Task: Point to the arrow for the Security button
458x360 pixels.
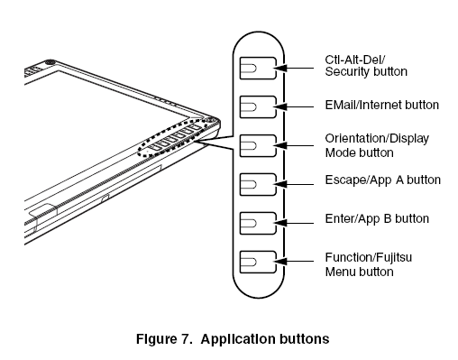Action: point(296,68)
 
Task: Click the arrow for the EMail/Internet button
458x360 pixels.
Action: point(296,106)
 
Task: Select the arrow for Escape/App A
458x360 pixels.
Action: point(296,181)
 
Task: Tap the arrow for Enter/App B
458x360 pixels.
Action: point(296,219)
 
